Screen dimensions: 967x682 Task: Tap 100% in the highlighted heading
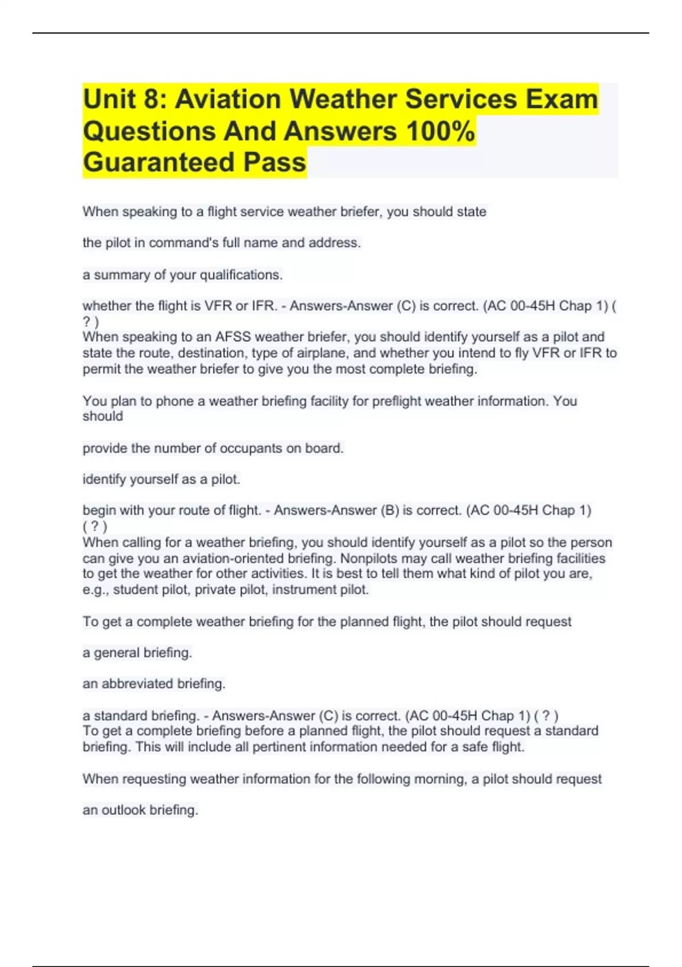pos(440,131)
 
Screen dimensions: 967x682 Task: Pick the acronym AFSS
pos(233,337)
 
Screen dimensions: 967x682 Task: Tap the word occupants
pos(251,448)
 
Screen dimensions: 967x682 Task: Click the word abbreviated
pos(136,684)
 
